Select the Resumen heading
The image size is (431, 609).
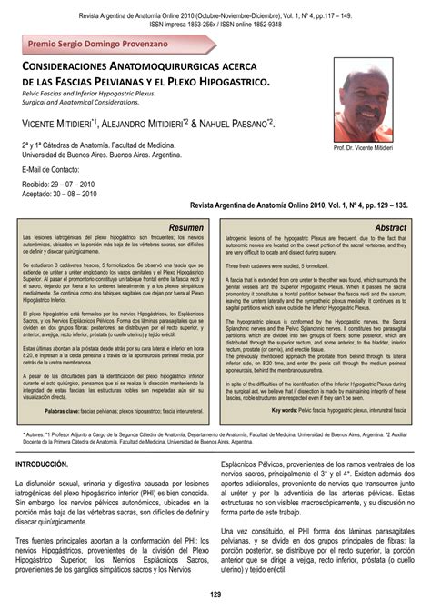[188, 226]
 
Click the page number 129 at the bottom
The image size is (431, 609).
[215, 594]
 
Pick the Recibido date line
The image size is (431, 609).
[64, 183]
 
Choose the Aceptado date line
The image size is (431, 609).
[64, 193]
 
